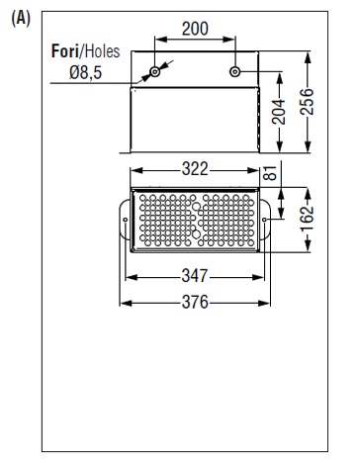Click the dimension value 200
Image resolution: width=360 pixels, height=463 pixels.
coord(195,29)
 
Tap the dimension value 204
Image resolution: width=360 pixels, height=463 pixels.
coord(279,112)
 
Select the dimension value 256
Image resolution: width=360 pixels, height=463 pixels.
coord(307,102)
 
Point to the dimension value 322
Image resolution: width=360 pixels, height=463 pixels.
coord(195,169)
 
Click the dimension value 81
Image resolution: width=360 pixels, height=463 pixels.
coord(271,173)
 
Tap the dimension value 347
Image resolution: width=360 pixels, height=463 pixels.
coord(195,276)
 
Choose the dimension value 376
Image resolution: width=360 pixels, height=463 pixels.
coord(195,302)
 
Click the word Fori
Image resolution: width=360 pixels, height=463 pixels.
coord(65,51)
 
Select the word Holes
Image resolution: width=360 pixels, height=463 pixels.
coord(102,51)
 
